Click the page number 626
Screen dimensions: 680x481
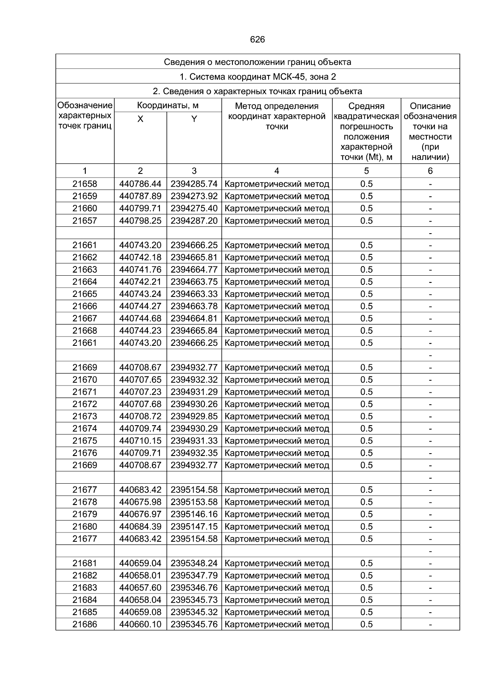(257, 40)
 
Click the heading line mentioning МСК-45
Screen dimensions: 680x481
(257, 77)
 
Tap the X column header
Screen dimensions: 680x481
(140, 119)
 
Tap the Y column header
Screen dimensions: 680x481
(194, 119)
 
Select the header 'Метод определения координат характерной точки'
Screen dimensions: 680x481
(277, 116)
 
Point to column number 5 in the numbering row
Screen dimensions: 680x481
(366, 171)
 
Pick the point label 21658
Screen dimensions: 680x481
(85, 184)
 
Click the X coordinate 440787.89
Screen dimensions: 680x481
(140, 196)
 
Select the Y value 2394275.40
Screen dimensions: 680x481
(194, 208)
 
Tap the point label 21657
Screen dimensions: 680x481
(85, 221)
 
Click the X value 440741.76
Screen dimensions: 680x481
(140, 270)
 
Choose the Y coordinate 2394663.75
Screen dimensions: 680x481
(194, 282)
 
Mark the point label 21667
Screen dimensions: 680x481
(85, 319)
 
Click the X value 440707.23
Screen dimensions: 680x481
(140, 392)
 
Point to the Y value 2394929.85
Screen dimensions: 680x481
(194, 416)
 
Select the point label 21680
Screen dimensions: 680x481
(85, 527)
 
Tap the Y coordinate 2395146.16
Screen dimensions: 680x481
(194, 514)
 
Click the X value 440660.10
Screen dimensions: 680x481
(140, 624)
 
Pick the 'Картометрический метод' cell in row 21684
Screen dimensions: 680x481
(277, 600)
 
